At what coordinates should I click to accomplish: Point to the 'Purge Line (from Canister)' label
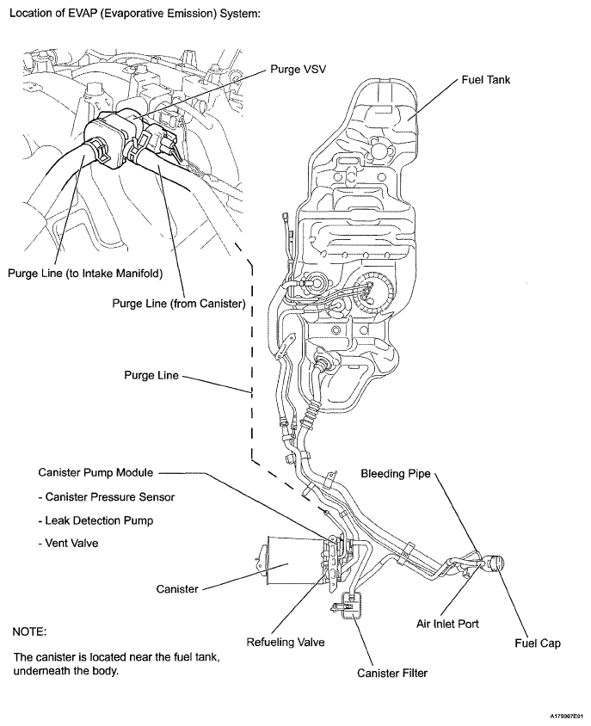pyautogui.click(x=179, y=304)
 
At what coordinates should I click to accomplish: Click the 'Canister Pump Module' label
pyautogui.click(x=95, y=472)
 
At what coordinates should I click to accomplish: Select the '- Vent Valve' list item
pyautogui.click(x=70, y=544)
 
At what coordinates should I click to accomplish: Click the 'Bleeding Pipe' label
pyautogui.click(x=395, y=474)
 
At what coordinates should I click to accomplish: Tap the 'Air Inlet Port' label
pyautogui.click(x=447, y=624)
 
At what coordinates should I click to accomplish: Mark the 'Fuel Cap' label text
pyautogui.click(x=538, y=643)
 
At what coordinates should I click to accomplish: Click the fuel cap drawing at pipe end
pyautogui.click(x=496, y=563)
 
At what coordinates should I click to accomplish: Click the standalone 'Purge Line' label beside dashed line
pyautogui.click(x=151, y=376)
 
